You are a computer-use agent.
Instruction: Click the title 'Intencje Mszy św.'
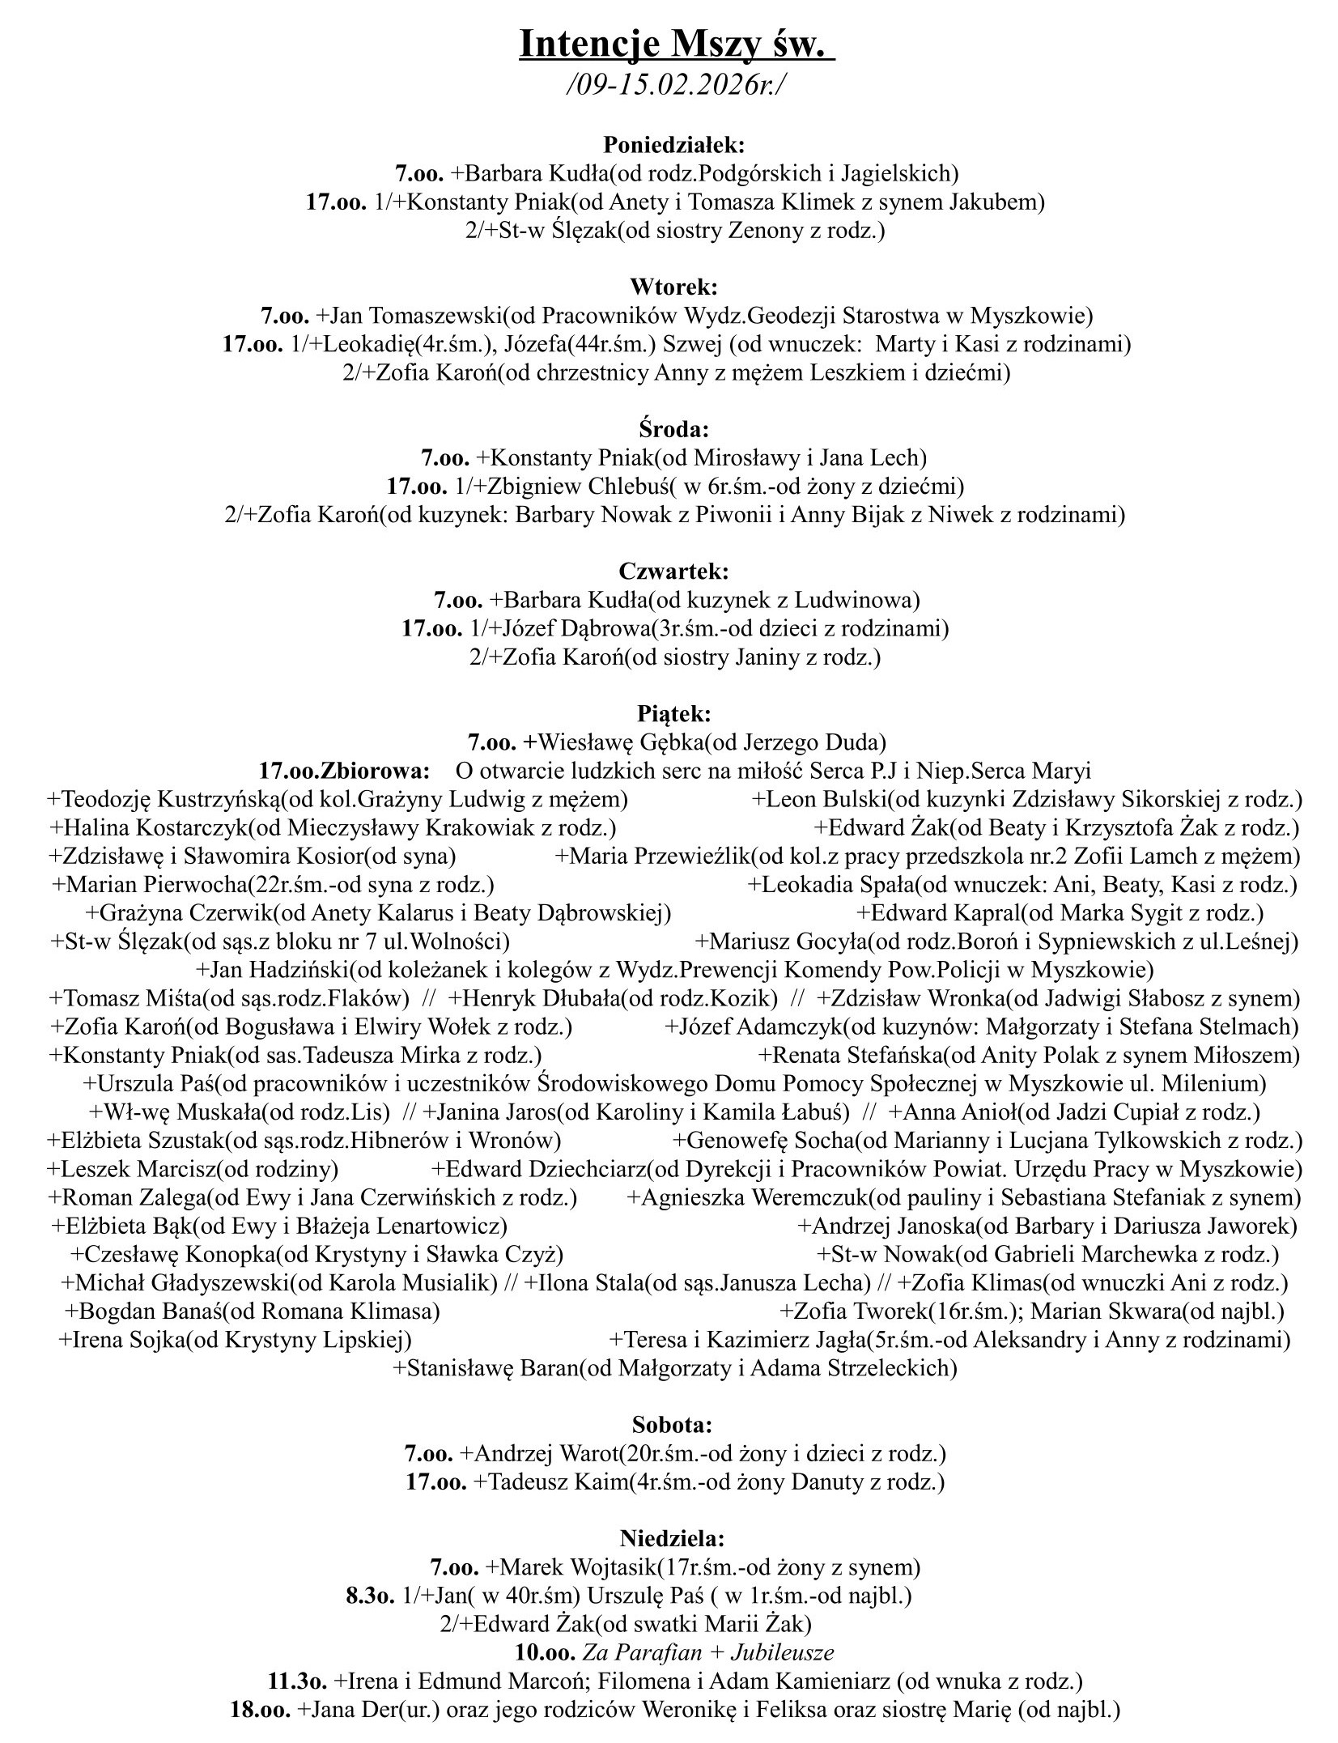click(x=676, y=45)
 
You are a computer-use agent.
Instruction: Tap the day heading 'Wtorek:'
click(x=673, y=287)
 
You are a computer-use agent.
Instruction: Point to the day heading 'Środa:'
click(x=673, y=429)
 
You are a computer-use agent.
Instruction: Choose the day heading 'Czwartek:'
click(x=673, y=571)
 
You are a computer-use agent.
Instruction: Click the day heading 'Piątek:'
click(x=673, y=713)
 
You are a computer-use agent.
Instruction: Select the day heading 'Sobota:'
click(x=673, y=1423)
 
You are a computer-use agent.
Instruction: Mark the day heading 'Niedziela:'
click(x=673, y=1537)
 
